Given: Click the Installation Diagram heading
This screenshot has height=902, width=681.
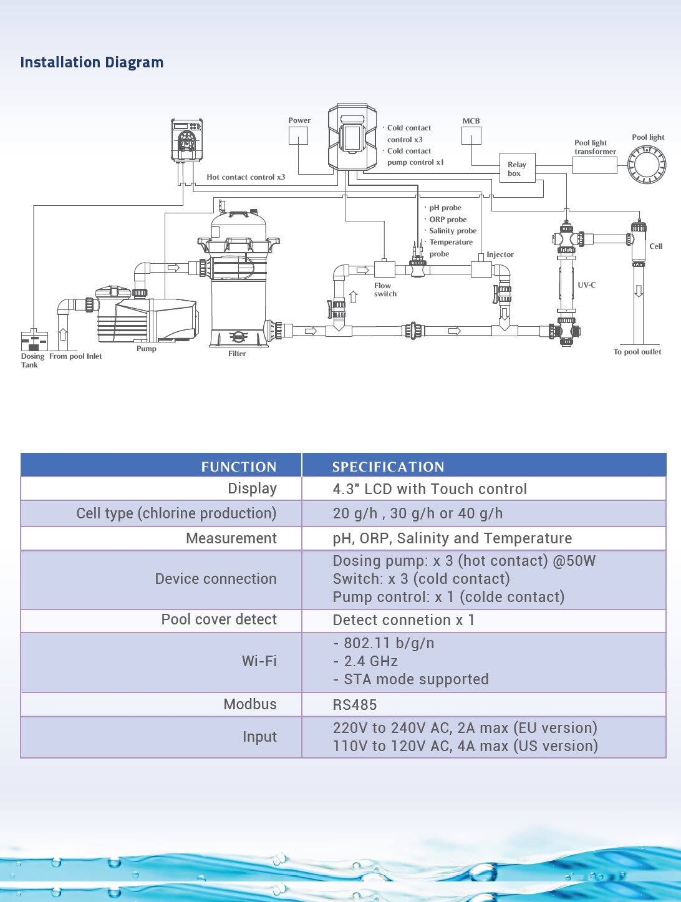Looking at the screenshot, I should [92, 62].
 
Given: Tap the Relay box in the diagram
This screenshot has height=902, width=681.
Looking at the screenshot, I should [517, 168].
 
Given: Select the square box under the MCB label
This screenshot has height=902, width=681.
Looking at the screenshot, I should [471, 136].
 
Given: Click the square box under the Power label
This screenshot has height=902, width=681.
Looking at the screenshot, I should [298, 136].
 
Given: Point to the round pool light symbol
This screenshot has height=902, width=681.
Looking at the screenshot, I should [647, 165].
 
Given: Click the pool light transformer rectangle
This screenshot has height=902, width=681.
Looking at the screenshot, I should [594, 165].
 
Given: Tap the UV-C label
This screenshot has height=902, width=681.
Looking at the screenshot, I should [586, 285].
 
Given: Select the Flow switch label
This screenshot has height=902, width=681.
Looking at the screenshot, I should [385, 290].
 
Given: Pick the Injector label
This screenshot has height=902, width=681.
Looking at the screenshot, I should [500, 255].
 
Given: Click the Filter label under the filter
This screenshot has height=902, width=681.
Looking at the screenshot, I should [237, 354].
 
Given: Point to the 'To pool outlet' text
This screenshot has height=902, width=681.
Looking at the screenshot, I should [637, 352].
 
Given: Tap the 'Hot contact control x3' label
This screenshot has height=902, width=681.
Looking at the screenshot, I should [246, 177].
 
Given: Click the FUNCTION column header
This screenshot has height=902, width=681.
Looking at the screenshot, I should [238, 467].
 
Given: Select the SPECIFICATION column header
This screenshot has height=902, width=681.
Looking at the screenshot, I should [388, 467].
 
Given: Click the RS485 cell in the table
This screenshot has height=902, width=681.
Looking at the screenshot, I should [355, 705].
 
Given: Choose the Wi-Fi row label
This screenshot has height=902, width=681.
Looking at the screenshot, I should [259, 661].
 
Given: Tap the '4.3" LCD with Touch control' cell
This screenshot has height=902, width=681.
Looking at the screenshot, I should [430, 489].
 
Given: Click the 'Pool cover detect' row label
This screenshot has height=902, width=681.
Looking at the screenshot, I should [219, 619].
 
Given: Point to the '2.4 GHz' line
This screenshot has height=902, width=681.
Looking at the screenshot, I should [370, 661].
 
